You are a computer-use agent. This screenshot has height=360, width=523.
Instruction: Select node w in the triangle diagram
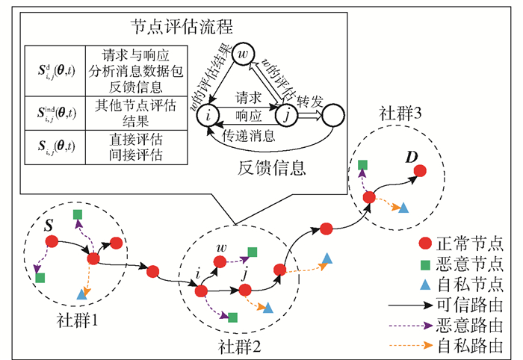click(x=243, y=55)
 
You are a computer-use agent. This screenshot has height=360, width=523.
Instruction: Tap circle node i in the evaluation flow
click(x=210, y=114)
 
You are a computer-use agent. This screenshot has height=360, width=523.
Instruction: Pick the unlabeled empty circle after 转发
click(x=332, y=114)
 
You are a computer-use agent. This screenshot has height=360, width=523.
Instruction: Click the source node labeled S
click(x=51, y=241)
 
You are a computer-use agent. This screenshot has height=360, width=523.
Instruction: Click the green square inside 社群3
click(x=362, y=164)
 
